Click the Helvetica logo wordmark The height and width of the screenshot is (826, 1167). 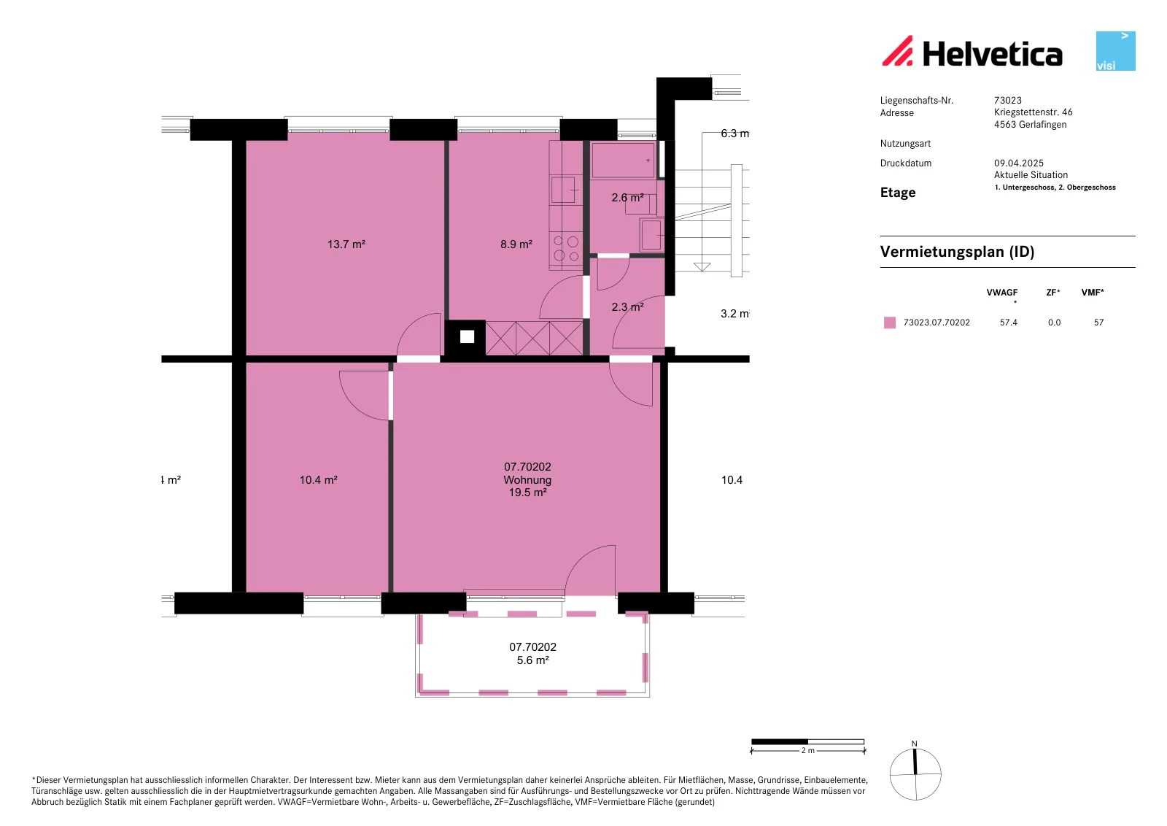992,54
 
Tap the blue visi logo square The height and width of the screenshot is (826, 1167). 1115,51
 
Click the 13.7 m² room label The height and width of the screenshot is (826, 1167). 346,244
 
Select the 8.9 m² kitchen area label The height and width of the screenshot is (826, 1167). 516,244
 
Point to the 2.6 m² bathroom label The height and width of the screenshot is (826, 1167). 627,198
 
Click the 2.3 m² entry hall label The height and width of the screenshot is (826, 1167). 627,307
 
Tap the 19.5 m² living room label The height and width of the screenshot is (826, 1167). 527,493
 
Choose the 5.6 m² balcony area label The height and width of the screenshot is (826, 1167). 532,660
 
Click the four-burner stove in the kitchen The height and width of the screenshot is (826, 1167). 566,249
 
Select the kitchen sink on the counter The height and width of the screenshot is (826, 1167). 565,189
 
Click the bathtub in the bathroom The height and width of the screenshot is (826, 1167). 623,160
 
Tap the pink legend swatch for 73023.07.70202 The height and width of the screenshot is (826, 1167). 890,323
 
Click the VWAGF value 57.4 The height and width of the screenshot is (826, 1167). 1009,323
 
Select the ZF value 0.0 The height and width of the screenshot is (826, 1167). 1055,323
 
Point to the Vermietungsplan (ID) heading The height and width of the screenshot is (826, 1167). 957,252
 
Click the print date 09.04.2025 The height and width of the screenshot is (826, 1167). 1018,163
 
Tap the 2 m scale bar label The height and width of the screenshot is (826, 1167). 807,750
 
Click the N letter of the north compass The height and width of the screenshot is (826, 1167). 915,744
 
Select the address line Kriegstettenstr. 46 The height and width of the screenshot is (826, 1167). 1033,112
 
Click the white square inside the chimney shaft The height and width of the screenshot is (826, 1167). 468,337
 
